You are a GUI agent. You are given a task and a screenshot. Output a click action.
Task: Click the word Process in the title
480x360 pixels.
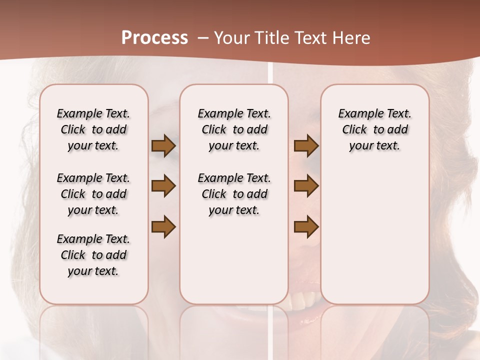coord(154,38)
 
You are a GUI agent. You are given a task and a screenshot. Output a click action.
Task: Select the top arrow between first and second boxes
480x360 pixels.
coord(163,146)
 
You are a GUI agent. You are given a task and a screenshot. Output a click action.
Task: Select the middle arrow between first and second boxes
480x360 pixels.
coord(163,186)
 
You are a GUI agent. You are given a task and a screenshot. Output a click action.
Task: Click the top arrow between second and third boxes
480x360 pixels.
coord(306,146)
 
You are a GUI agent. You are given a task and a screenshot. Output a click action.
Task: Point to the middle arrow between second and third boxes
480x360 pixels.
coord(306,186)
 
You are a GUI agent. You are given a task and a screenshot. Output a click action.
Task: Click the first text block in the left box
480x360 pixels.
coord(93,129)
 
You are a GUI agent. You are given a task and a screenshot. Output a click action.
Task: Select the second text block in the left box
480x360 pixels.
coord(93,194)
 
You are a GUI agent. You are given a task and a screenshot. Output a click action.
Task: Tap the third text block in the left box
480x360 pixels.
coord(93,255)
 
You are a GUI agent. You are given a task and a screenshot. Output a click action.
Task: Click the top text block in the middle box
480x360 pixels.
coord(234,129)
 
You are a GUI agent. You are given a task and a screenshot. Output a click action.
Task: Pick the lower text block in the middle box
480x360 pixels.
coord(234,194)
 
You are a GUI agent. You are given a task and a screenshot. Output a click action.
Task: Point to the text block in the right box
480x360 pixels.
coord(374,129)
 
